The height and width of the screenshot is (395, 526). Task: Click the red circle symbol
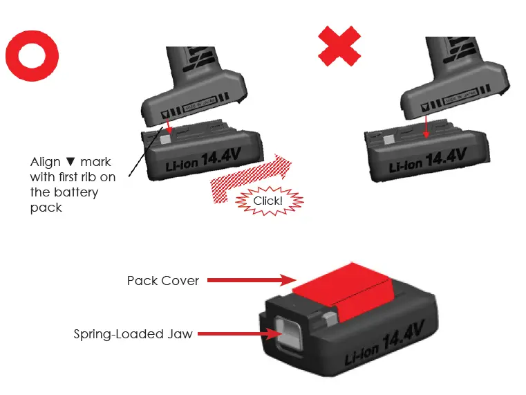[32, 55]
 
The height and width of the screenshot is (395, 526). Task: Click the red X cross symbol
[339, 46]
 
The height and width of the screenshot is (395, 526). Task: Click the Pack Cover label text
[162, 280]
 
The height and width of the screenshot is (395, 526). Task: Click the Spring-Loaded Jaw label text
[133, 334]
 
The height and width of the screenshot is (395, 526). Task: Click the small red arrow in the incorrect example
[426, 126]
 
